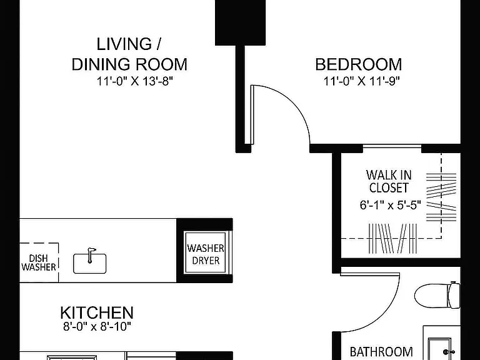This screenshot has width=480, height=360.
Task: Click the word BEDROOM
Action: pos(359,64)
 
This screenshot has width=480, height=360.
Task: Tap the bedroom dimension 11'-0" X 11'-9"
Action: pos(362,81)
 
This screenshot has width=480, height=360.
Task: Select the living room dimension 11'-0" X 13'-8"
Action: pos(135,81)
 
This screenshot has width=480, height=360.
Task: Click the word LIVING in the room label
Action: pos(124,44)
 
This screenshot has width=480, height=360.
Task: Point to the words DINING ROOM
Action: pos(129,64)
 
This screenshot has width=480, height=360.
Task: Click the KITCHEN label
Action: pos(97,312)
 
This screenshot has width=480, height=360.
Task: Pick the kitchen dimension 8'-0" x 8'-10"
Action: pos(97,327)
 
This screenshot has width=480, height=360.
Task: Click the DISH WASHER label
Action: pos(39,262)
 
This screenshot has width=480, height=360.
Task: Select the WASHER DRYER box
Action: pos(206,254)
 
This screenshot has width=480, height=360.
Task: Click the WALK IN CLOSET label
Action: pos(389,181)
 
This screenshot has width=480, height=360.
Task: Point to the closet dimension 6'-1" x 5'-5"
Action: pos(390,205)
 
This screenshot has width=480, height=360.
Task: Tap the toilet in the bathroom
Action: pos(437,296)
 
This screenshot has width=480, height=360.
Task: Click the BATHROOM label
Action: pos(381,352)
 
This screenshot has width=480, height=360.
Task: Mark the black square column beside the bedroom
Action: pos(240,22)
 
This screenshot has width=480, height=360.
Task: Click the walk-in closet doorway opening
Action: pos(392,148)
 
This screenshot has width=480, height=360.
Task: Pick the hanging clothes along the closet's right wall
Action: pos(441,197)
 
